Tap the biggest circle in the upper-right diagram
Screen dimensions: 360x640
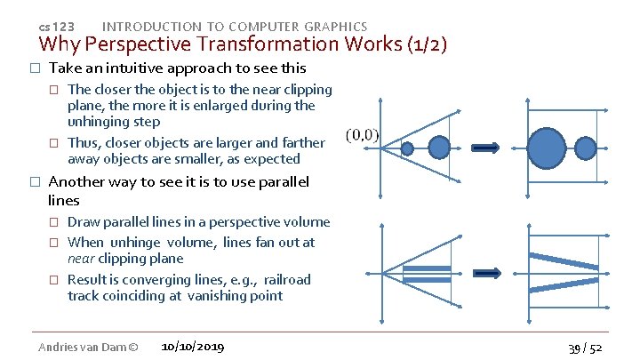coord(547,146)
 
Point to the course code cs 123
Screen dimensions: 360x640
coord(58,28)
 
